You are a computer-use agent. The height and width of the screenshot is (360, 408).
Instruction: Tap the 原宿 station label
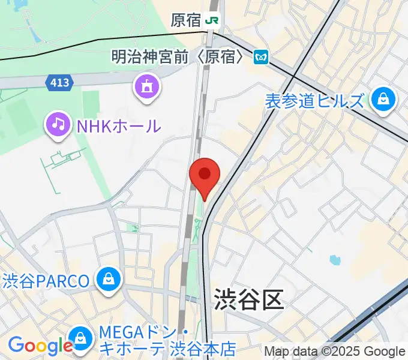coord(185,20)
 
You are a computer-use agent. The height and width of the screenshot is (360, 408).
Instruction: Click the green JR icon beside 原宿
coord(212,20)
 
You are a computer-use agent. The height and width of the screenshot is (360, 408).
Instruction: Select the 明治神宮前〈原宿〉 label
coord(179,57)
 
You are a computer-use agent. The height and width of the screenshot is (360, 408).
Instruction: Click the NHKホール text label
coord(118,126)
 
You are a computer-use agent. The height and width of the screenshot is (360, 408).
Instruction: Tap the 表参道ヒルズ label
coord(314,101)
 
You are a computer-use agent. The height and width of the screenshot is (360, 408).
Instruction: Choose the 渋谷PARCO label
coord(46,280)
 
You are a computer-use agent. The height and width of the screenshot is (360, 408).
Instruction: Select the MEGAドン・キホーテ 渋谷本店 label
coord(167,340)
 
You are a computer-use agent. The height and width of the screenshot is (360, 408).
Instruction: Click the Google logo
coord(40,346)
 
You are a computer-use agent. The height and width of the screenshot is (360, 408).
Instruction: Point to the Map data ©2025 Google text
coord(335,352)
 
